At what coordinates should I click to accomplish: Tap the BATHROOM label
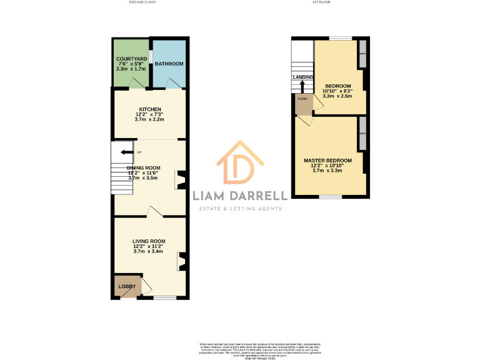169,64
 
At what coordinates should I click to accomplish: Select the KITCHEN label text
149,109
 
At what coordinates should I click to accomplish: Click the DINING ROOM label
144,167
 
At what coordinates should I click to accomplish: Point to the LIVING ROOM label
149,241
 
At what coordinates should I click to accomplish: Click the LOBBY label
127,287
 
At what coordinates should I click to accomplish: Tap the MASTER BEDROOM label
327,161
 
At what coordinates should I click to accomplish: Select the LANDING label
302,77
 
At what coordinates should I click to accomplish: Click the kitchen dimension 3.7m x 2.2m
149,119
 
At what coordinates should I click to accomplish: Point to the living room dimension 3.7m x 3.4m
149,251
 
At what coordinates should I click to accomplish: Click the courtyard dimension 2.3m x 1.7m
131,69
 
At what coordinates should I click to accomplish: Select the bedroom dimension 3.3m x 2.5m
337,96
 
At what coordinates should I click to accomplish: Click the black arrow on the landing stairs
302,85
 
